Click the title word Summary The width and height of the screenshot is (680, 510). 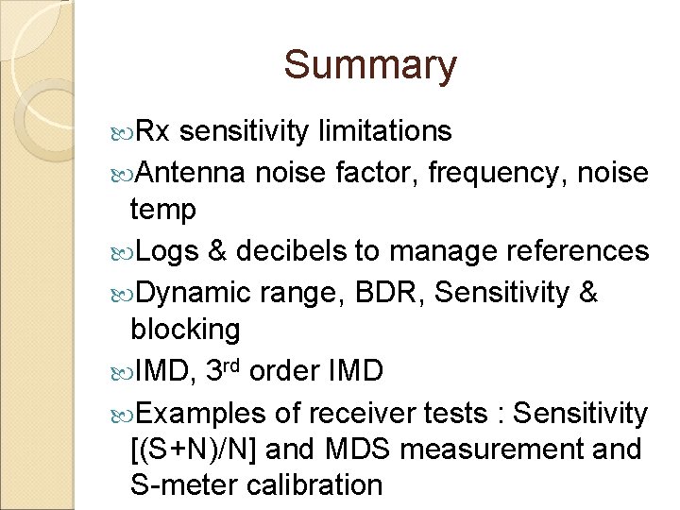(369, 65)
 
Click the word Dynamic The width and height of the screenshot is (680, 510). (195, 291)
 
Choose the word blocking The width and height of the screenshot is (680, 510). (185, 331)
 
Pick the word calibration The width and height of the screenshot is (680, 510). (314, 485)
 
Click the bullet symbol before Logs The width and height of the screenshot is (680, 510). (128, 251)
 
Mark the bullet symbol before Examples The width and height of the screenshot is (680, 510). (128, 413)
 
